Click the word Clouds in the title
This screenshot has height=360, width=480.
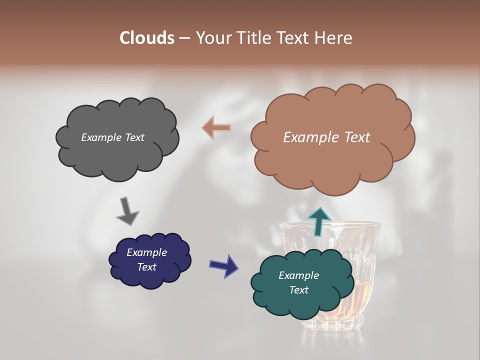coord(146,38)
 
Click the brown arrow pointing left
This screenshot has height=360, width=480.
coord(216,128)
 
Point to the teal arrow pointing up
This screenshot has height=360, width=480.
coord(319,221)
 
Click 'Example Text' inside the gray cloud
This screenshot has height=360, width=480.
coord(112,137)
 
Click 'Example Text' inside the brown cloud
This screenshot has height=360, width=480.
coord(326,137)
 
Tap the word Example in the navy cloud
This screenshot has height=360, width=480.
coord(146,252)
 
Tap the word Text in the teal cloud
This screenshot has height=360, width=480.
coord(298,290)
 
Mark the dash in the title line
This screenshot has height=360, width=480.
coord(184,38)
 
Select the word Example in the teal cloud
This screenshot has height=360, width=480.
coord(298,275)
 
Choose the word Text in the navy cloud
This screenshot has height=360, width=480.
coord(146,267)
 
